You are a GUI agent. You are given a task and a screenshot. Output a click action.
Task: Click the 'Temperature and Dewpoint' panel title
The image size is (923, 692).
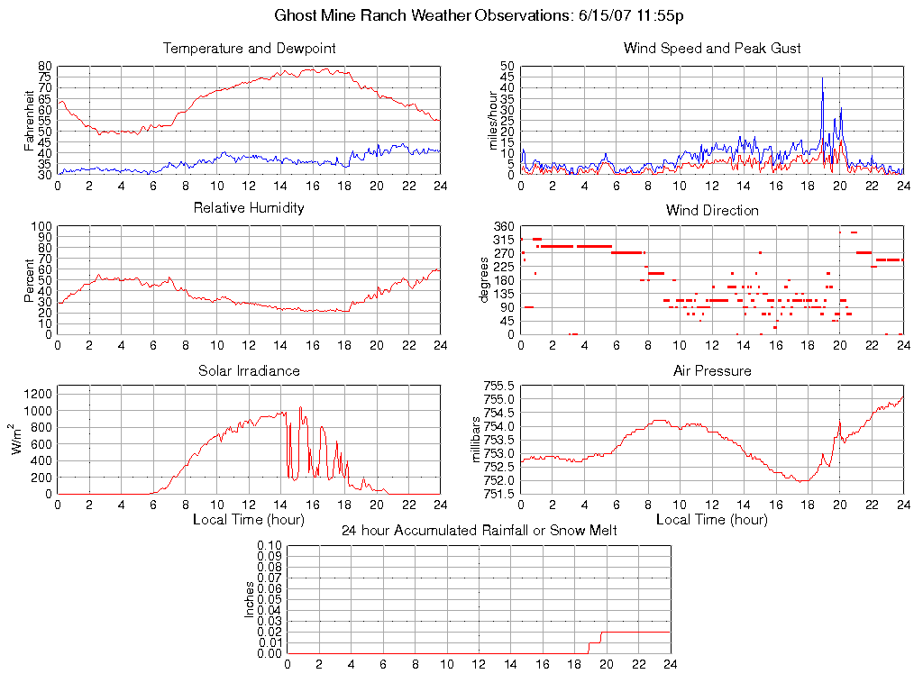pyautogui.click(x=249, y=48)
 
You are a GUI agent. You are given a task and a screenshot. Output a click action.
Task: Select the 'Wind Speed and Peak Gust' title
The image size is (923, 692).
pyautogui.click(x=712, y=48)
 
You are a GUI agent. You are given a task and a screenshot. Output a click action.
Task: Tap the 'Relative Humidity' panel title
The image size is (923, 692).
pyautogui.click(x=249, y=208)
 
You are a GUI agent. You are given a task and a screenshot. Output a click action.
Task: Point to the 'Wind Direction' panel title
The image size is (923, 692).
pyautogui.click(x=712, y=210)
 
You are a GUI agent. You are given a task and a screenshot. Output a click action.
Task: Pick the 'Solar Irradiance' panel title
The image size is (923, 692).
pyautogui.click(x=249, y=370)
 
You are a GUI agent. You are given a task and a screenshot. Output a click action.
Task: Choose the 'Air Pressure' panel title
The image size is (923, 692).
pyautogui.click(x=712, y=370)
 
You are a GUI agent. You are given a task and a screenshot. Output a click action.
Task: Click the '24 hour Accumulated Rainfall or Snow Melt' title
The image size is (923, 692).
pyautogui.click(x=479, y=531)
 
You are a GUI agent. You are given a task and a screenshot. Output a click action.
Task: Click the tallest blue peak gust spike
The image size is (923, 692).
pyautogui.click(x=822, y=79)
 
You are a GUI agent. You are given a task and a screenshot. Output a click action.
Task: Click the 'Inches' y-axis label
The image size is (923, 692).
pyautogui.click(x=250, y=599)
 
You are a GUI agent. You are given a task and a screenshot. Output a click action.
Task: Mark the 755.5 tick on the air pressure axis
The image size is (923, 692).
pyautogui.click(x=500, y=386)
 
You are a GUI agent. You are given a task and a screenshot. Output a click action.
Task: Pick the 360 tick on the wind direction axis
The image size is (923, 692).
pyautogui.click(x=503, y=226)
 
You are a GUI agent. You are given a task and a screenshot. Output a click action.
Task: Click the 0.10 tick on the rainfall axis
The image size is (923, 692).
pyautogui.click(x=270, y=545)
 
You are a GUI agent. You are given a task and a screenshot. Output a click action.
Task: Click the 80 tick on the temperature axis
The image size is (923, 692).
pyautogui.click(x=45, y=66)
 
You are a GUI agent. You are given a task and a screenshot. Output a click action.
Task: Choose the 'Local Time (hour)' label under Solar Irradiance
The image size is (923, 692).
pyautogui.click(x=249, y=520)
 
